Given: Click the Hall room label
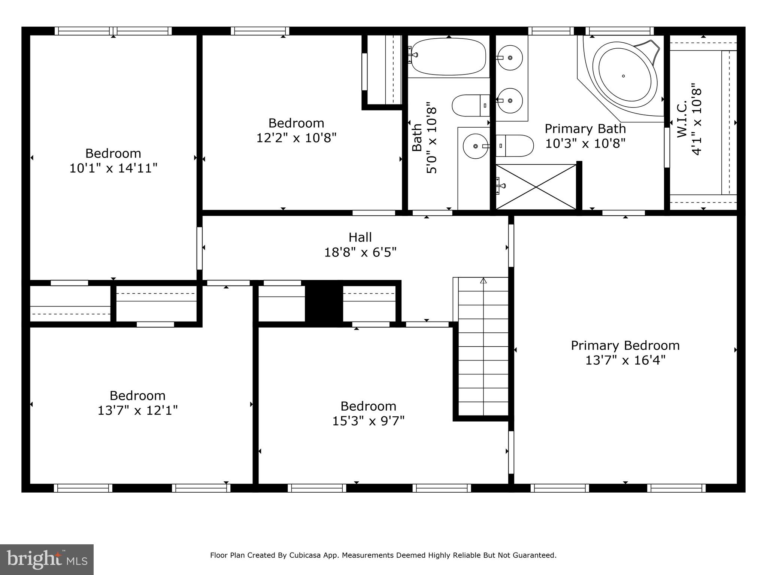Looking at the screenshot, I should pos(360,237).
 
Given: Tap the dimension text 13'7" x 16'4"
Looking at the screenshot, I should pos(625,360).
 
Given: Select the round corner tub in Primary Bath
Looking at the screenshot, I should pos(624,77).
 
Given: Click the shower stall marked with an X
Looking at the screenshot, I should pos(536,187).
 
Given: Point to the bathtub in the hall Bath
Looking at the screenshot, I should pos(448,57).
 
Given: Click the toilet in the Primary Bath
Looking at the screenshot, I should pos(515,146).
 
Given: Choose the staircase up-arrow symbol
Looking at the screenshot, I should pos(483,280).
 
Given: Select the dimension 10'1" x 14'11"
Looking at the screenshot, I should pos(113,168).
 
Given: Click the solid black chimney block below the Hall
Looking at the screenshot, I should pos(324,303).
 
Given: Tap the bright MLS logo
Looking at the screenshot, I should pos(47,559).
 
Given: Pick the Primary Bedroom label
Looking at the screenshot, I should pos(625,345).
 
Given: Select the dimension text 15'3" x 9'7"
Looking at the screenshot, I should pos(368,421).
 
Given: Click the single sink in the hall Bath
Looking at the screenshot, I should pos(475,146).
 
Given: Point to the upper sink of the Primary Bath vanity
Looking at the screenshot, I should pos(510,58).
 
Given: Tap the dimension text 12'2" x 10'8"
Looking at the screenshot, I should pos(296,138).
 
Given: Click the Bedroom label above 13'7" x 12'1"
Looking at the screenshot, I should pos(137,396).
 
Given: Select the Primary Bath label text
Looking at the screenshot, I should pos(585,129).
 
